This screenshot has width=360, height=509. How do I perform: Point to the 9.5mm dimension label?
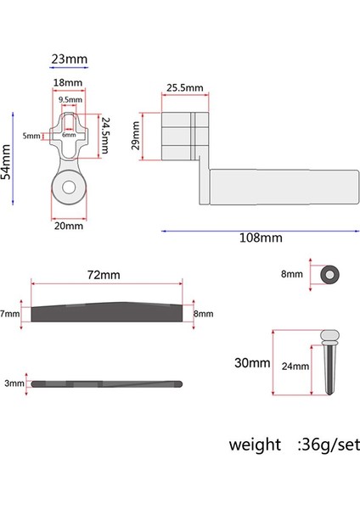(x=70, y=100)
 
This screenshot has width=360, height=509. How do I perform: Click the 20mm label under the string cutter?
(x=69, y=226)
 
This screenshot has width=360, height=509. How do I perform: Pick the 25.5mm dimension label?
(x=184, y=88)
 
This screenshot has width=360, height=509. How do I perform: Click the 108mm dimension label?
(x=260, y=238)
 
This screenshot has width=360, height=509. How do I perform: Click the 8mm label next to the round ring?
(x=291, y=274)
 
